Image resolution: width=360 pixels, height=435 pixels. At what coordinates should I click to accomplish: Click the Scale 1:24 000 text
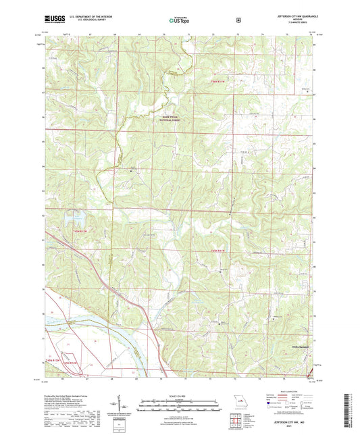pos(180,394)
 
